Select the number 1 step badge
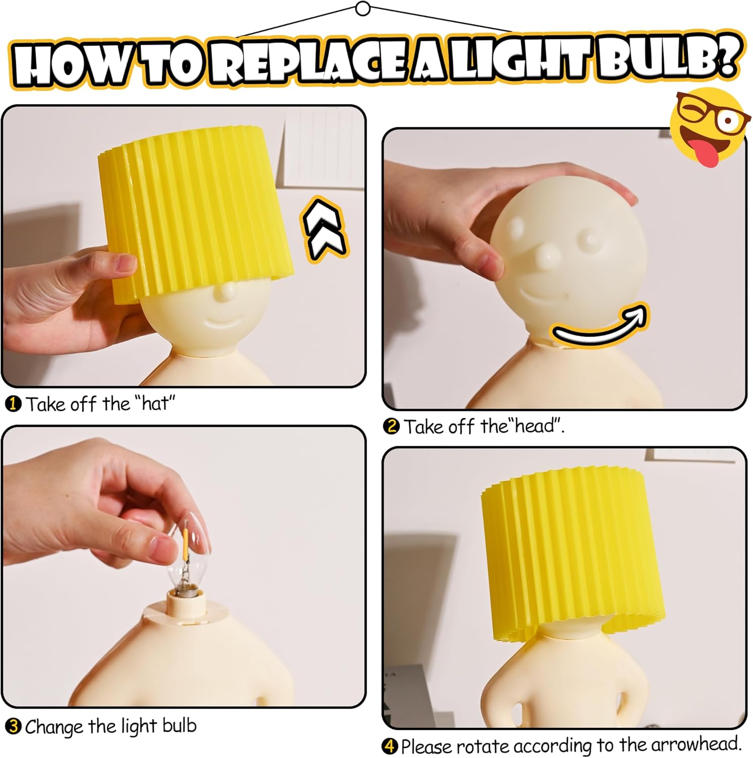(13, 404)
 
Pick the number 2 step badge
(391, 427)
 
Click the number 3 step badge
(13, 727)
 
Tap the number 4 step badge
(390, 746)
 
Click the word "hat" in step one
(155, 404)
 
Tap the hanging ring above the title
(363, 9)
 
